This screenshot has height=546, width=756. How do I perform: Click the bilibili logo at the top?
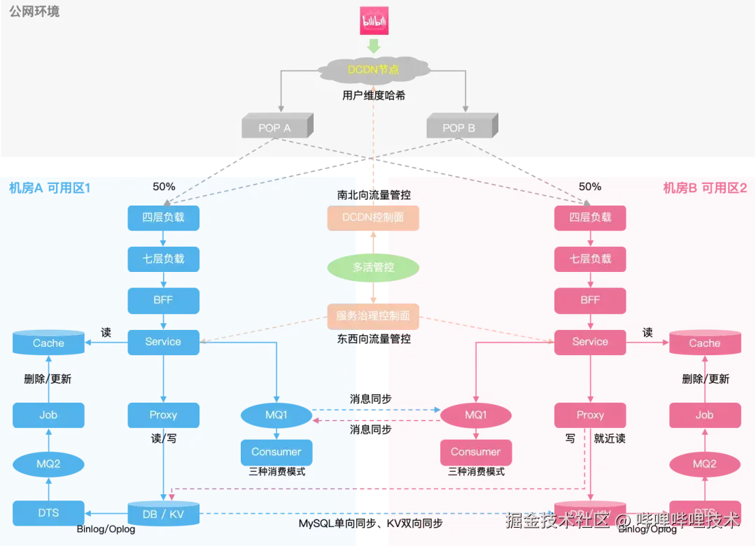[374, 20]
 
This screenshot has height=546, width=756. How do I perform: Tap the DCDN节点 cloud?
[374, 69]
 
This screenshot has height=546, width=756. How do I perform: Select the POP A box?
[275, 128]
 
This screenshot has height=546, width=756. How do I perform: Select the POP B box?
[460, 128]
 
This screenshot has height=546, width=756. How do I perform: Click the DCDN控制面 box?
[373, 217]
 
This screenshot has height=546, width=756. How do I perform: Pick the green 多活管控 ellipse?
[373, 267]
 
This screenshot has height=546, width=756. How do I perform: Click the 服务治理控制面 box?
[373, 316]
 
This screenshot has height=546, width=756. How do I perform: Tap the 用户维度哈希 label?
[374, 95]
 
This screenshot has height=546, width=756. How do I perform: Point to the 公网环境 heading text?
[34, 12]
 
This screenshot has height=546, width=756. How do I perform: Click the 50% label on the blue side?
[164, 187]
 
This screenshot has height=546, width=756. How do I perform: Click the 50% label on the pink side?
[590, 187]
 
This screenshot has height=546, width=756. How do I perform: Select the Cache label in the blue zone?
[48, 343]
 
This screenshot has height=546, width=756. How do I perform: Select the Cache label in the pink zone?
[704, 343]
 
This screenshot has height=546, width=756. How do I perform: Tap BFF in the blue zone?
[163, 300]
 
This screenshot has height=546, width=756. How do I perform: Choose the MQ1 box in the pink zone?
[476, 415]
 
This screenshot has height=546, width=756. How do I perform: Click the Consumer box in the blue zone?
[276, 452]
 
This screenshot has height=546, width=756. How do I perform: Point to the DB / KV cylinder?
[164, 514]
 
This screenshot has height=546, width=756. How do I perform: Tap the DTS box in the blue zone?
[48, 512]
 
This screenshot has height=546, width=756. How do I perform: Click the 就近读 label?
[610, 438]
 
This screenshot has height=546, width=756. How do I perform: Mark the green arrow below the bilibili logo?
[374, 46]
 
